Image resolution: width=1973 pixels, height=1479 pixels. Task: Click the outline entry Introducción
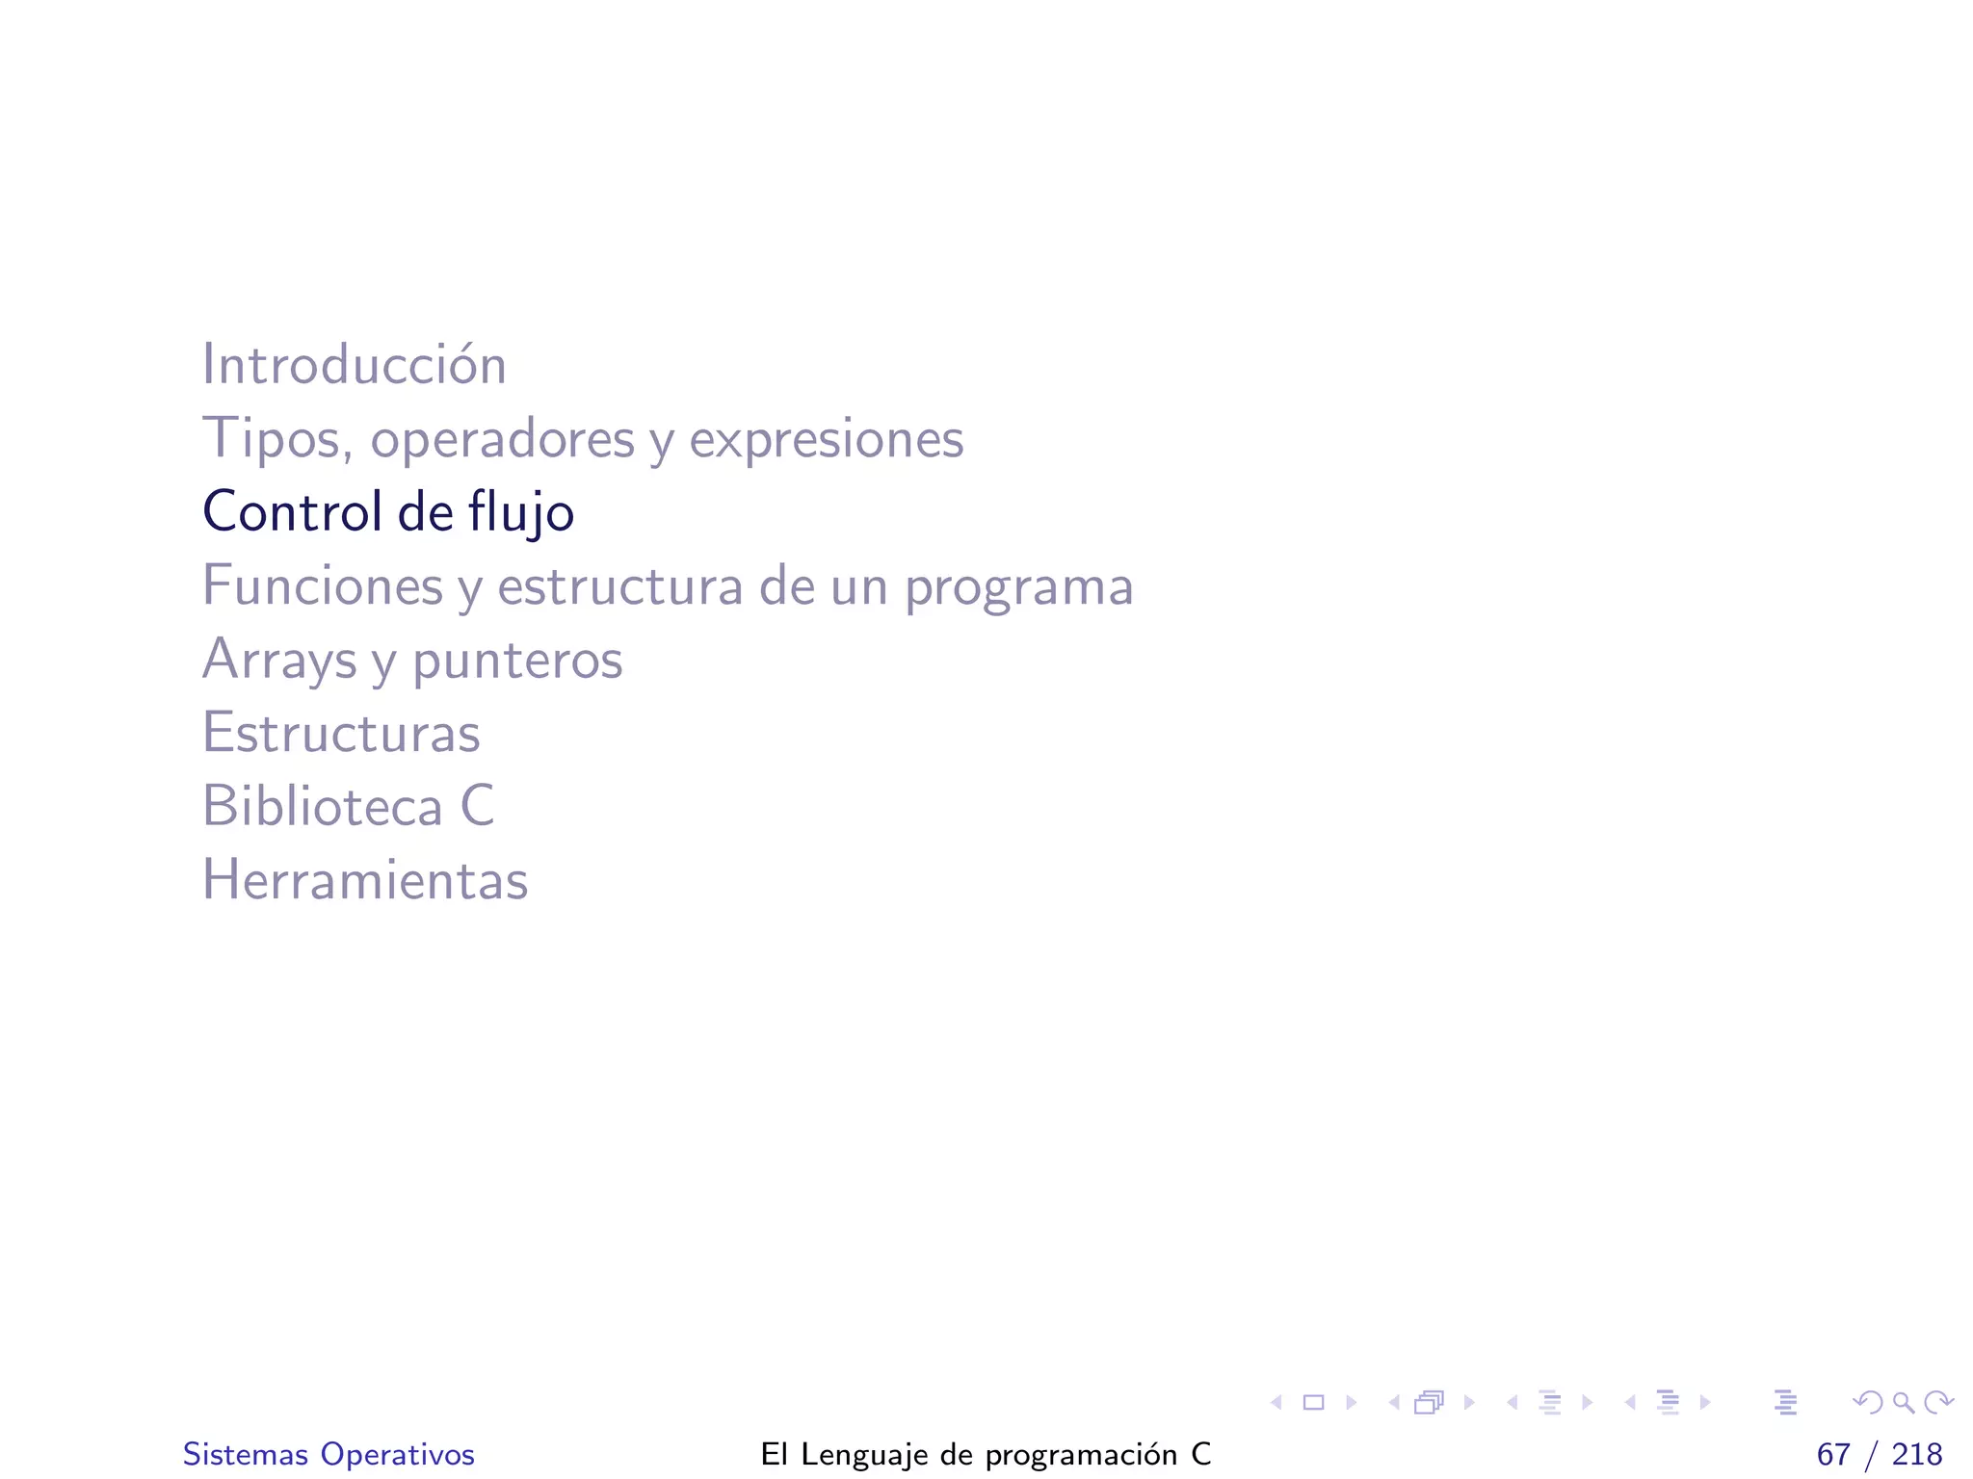[x=354, y=365]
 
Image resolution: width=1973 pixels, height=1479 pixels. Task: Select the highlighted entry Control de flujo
[x=387, y=511]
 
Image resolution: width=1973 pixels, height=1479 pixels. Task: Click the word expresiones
[x=826, y=439]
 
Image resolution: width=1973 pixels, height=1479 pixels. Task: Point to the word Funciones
[x=322, y=585]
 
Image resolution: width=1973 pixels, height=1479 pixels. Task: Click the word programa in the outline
[x=1017, y=587]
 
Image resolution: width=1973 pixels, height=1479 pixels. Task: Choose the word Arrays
[x=279, y=661]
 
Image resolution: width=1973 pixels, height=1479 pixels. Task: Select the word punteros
[x=517, y=661]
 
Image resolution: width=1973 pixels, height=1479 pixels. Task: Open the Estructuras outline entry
[x=340, y=733]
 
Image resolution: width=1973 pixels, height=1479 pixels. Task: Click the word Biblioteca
[x=322, y=806]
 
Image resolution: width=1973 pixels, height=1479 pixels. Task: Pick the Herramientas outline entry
[x=364, y=880]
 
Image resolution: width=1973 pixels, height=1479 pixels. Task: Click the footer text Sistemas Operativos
[x=329, y=1454]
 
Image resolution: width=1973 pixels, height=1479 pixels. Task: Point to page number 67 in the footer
[x=1833, y=1454]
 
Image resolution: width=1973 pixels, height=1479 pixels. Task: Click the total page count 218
[x=1917, y=1454]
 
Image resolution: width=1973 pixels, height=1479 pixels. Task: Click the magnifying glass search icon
[x=1903, y=1403]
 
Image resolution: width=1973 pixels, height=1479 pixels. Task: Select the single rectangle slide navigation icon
[x=1313, y=1403]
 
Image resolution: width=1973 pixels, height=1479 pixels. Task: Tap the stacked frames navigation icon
[x=1430, y=1403]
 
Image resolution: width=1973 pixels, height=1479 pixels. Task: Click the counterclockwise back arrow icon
[x=1867, y=1403]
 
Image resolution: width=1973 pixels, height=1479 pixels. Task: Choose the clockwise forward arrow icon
[x=1938, y=1403]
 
